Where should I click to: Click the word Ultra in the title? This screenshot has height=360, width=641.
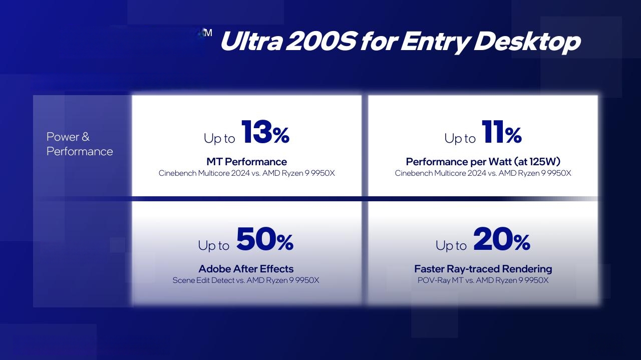[x=251, y=41]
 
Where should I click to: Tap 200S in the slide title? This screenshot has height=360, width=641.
[x=321, y=41]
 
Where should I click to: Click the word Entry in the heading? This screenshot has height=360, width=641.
[x=435, y=43]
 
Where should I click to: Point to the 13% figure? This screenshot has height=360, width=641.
[x=265, y=132]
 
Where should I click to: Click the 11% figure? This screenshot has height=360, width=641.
[x=502, y=132]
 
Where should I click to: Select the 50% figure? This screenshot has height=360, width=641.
[x=265, y=239]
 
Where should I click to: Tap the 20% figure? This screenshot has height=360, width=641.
[x=502, y=239]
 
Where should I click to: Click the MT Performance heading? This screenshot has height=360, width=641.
[x=247, y=162]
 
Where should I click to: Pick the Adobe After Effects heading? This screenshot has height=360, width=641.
[x=246, y=269]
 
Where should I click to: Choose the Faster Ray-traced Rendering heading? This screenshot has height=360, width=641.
[x=483, y=269]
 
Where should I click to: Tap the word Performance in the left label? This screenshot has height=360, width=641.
[x=80, y=151]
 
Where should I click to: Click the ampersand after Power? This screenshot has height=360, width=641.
[x=85, y=137]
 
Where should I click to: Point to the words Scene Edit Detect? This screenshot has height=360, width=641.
[x=203, y=280]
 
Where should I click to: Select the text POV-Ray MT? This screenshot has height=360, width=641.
[x=440, y=280]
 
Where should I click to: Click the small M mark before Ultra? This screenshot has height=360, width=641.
[x=208, y=33]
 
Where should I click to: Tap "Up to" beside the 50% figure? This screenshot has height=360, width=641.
[x=214, y=245]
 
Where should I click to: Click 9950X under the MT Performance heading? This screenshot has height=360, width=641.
[x=323, y=173]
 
